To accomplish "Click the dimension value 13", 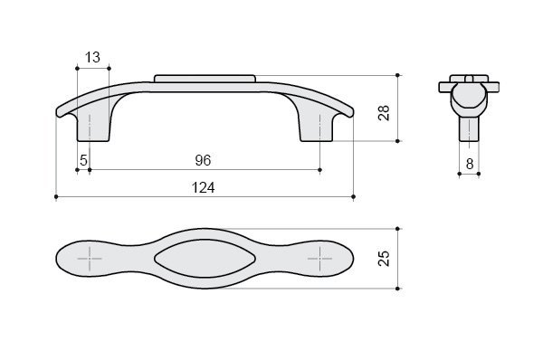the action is (x=92, y=57).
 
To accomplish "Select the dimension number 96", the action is (x=203, y=160).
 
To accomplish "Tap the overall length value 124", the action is (x=204, y=187).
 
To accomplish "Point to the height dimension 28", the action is (x=384, y=112).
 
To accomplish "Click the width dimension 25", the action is (x=384, y=258).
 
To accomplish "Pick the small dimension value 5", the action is (x=83, y=160).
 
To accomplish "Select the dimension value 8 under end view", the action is (x=470, y=164).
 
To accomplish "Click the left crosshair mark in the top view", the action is (x=90, y=259).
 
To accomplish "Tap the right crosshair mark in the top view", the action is (x=319, y=259).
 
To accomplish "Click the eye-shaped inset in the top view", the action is (x=205, y=259).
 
